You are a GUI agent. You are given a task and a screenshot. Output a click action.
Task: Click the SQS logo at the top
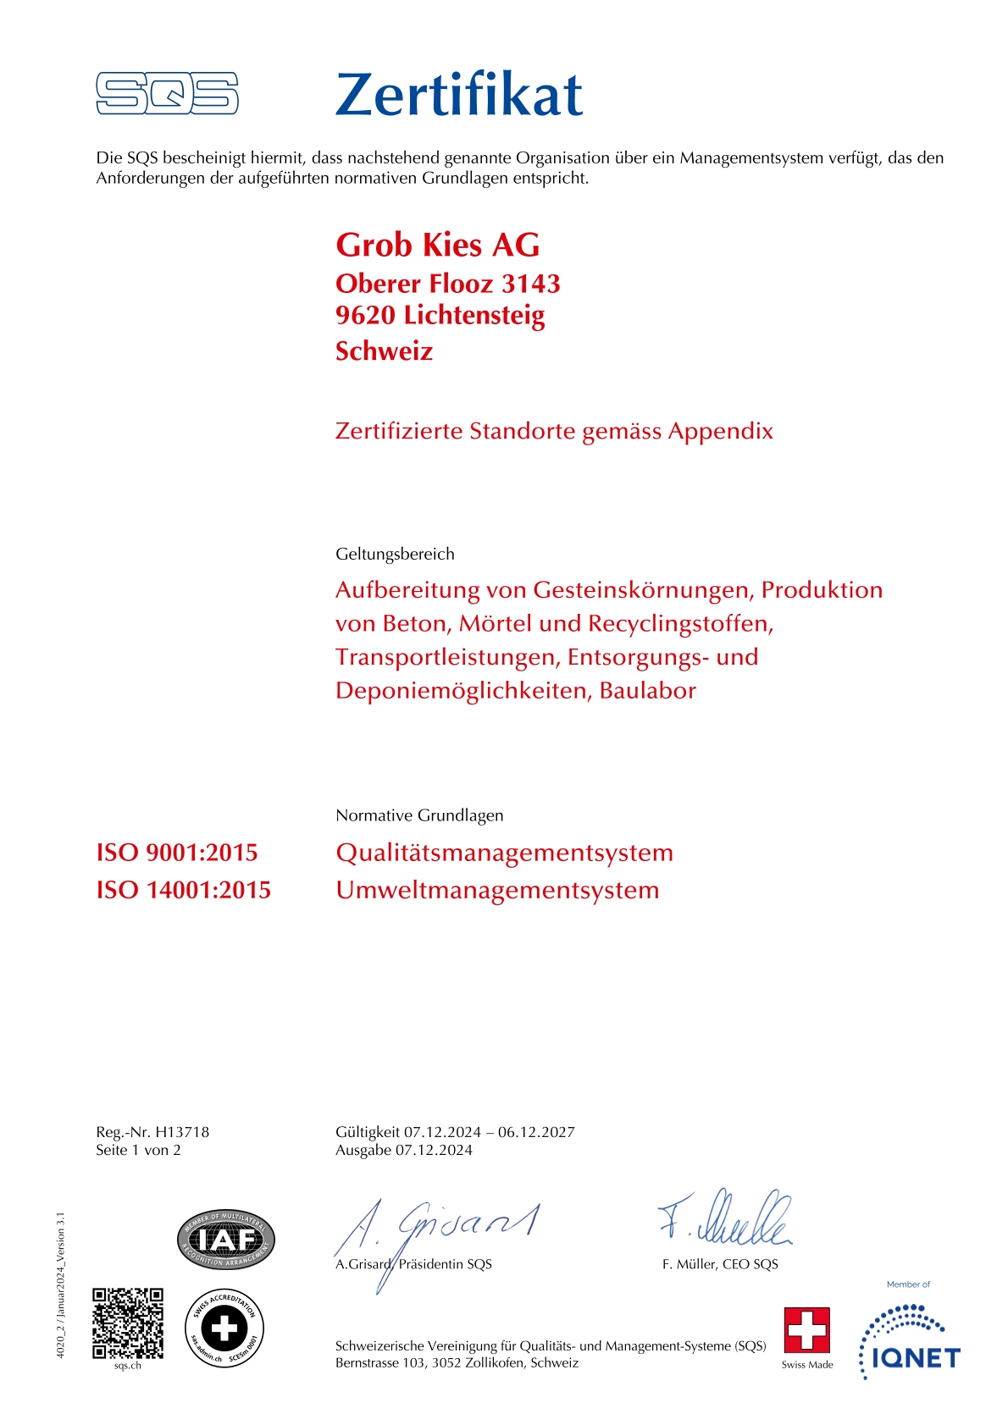coord(167,93)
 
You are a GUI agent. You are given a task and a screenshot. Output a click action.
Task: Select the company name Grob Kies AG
coord(437,246)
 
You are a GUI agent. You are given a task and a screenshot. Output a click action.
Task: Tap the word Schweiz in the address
coord(384,351)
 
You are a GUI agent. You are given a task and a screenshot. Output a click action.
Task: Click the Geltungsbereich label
coord(395,554)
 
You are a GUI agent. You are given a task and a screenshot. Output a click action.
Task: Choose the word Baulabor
coord(647,690)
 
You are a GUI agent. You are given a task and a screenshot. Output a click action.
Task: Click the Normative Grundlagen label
coord(419,815)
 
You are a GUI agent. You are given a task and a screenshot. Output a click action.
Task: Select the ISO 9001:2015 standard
coord(177,853)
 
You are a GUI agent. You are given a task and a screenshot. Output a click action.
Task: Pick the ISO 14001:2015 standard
coord(184,890)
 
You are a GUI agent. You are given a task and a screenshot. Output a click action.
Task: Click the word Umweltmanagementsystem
coord(497,890)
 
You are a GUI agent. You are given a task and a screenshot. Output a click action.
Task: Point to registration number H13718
coord(182,1132)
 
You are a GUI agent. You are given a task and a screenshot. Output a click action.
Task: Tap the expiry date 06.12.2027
coord(536,1132)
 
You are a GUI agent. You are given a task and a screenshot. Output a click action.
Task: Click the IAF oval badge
coord(226,1240)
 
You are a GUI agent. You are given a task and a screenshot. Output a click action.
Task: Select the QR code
coord(128,1323)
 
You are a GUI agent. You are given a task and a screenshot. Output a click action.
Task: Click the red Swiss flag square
coord(806,1330)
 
